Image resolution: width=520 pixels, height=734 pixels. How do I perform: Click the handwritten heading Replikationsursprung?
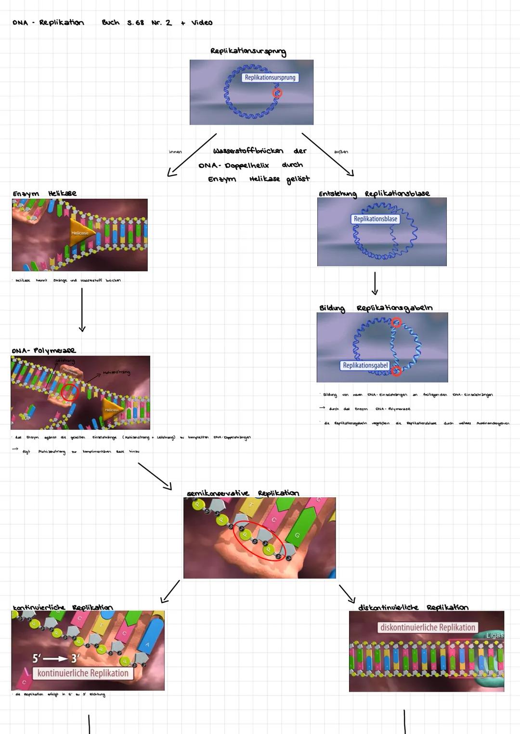[248, 52]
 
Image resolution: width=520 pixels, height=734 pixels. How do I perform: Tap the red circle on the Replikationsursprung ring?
[277, 93]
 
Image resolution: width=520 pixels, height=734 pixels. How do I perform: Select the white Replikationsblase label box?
[376, 219]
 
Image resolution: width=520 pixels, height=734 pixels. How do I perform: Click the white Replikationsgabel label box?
[365, 365]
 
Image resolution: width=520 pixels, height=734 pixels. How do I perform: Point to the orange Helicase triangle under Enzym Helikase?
[80, 233]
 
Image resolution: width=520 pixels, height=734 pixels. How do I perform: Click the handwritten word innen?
[175, 152]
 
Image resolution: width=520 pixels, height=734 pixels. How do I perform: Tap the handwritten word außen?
[341, 152]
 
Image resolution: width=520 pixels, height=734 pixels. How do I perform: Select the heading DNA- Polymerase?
[44, 350]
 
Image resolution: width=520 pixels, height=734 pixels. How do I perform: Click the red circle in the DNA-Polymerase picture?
[69, 392]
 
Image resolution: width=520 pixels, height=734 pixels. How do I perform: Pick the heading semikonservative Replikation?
[243, 493]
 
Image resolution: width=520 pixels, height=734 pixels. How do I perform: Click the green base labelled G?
[298, 534]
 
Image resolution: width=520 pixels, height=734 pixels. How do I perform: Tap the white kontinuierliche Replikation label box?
[83, 673]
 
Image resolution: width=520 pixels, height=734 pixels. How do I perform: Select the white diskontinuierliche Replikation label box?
[428, 628]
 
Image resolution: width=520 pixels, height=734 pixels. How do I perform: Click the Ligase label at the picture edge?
[494, 635]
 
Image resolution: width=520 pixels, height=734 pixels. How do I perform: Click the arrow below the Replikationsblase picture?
[375, 283]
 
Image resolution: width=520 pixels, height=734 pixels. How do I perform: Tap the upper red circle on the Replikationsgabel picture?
[396, 323]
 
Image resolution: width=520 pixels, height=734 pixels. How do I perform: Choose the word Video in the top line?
[202, 23]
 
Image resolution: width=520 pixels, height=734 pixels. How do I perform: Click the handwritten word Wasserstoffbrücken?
[248, 151]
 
